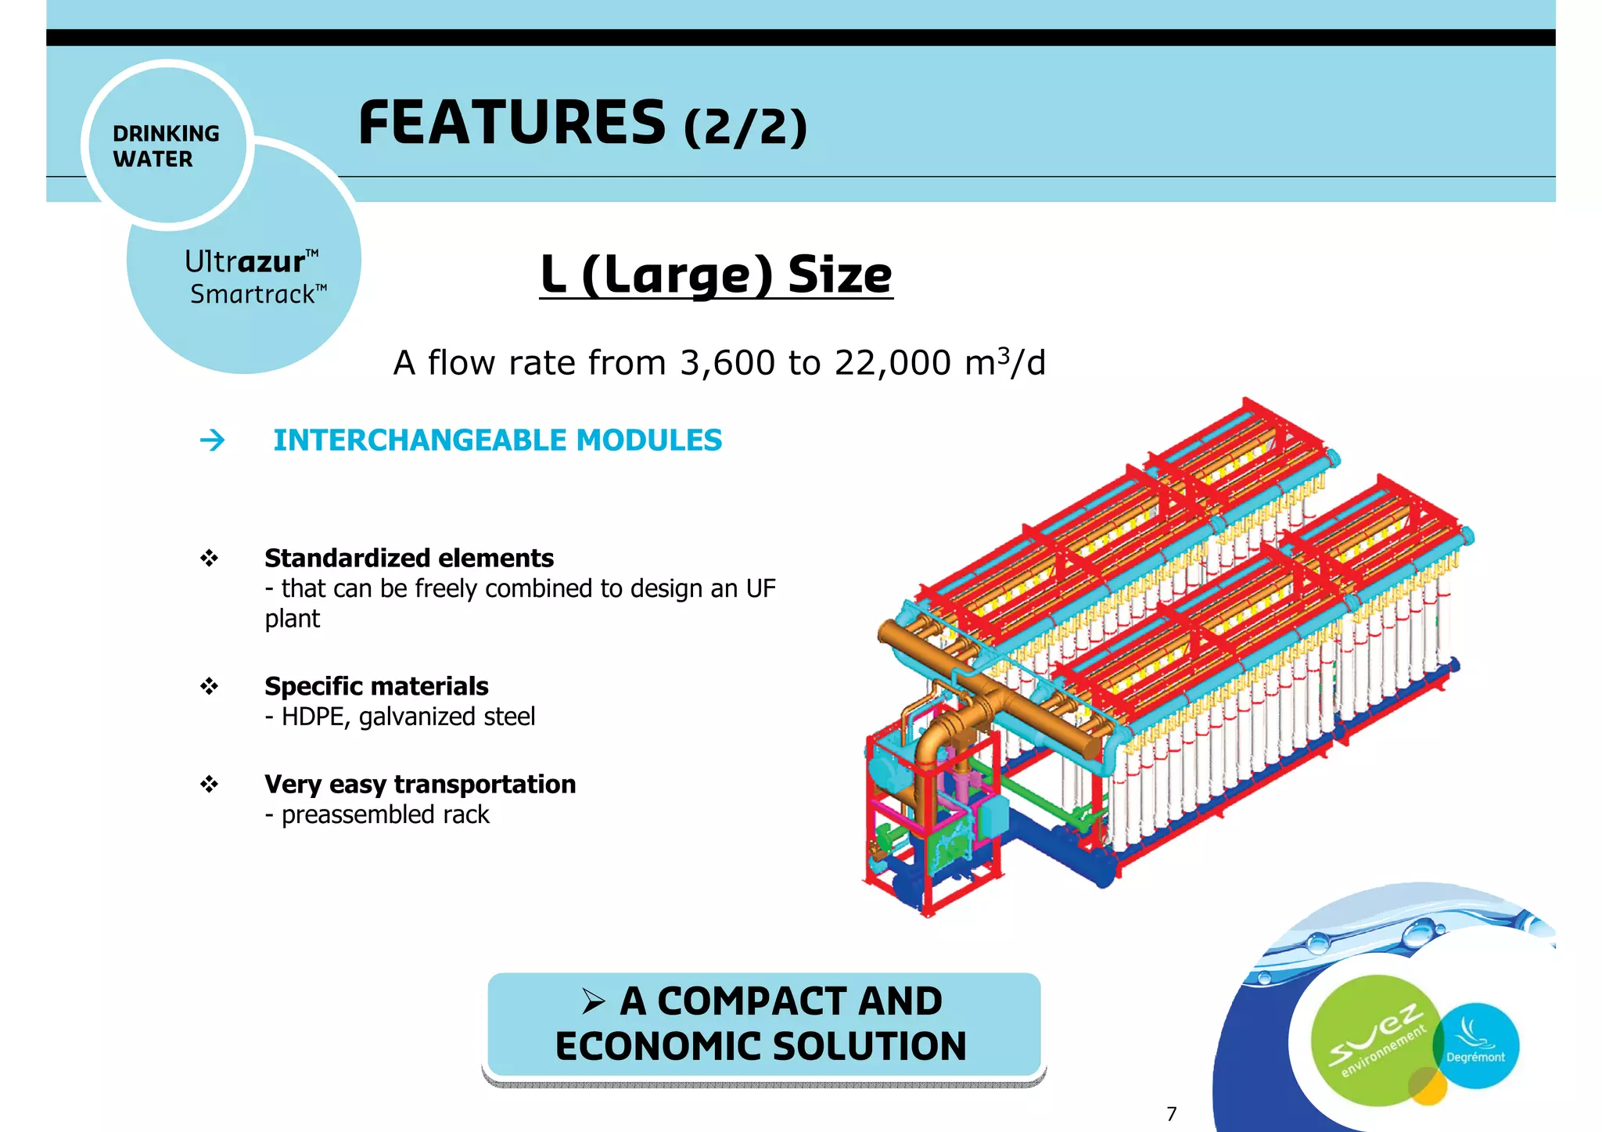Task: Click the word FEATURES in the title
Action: (x=512, y=124)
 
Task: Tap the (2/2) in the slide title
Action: (x=745, y=128)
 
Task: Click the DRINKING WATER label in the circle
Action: (x=166, y=146)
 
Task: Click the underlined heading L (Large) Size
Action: (x=716, y=275)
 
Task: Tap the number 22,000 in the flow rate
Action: (x=893, y=363)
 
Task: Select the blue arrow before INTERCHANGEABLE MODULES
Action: (x=212, y=440)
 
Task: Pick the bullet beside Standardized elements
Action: (x=209, y=559)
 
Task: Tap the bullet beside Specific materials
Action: (x=209, y=687)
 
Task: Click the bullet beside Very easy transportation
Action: (x=209, y=784)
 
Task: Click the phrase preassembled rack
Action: (x=385, y=815)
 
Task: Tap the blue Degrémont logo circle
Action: (x=1476, y=1045)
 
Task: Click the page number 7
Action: (x=1171, y=1114)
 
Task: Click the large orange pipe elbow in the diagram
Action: (x=942, y=735)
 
